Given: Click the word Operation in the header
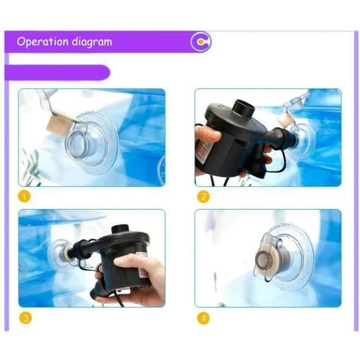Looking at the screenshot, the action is (43, 41).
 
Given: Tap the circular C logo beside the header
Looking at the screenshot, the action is (201, 41).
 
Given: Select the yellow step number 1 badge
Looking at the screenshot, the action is (25, 197).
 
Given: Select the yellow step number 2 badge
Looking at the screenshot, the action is (204, 197).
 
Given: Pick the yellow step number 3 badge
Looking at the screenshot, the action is (25, 318).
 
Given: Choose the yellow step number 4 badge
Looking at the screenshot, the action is (204, 318).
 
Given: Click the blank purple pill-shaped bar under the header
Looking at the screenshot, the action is (57, 73).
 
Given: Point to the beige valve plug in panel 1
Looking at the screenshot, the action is (57, 123).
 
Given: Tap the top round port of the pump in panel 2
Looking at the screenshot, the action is (244, 107).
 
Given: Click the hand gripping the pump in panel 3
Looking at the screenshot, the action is (136, 278).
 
